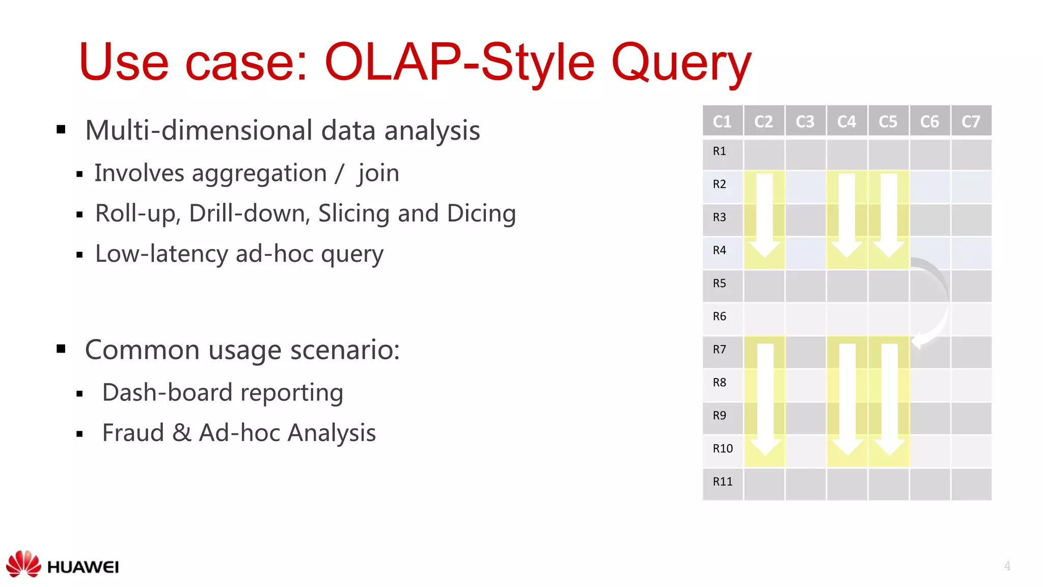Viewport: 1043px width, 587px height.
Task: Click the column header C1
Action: (x=722, y=121)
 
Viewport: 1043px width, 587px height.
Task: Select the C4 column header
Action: (x=846, y=121)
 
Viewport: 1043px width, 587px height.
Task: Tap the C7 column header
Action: (x=971, y=121)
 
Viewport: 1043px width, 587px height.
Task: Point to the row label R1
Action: (x=719, y=151)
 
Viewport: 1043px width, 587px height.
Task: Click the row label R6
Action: (x=719, y=316)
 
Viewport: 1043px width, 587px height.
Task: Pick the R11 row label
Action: (x=722, y=482)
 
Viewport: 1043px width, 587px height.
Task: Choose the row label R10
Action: (x=722, y=448)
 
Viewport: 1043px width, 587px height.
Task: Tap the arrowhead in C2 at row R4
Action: (x=764, y=248)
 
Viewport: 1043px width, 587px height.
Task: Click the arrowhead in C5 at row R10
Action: (x=889, y=447)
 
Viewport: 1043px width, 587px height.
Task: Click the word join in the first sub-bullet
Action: (x=378, y=174)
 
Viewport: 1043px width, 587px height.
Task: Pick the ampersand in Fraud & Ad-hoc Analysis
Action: (x=182, y=433)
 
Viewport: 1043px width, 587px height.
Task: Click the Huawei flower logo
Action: (x=23, y=564)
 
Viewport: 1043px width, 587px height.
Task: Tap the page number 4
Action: (x=1007, y=566)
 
